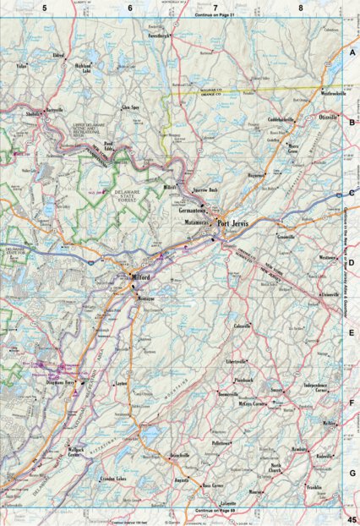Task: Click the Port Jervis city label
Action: click(234, 224)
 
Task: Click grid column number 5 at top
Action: click(43, 7)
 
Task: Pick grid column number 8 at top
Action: click(300, 7)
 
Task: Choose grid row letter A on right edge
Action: click(351, 51)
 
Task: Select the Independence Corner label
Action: click(320, 387)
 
